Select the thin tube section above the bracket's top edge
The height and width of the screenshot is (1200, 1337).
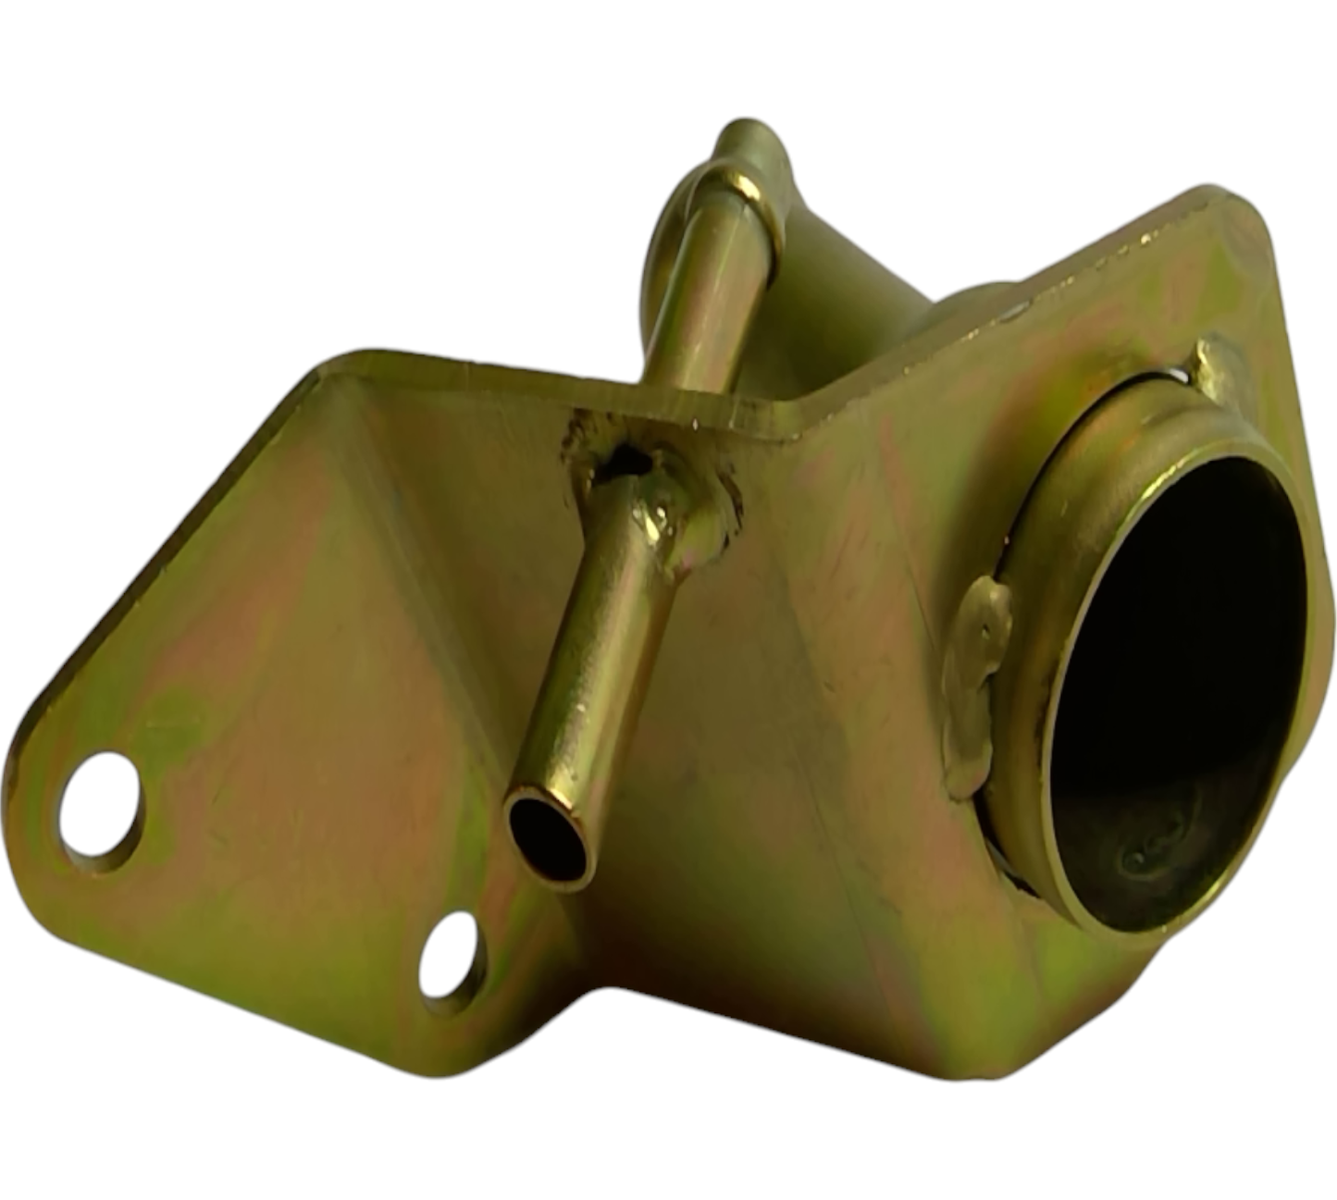pyautogui.click(x=708, y=305)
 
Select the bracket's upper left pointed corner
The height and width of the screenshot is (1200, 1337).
pyautogui.click(x=338, y=361)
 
